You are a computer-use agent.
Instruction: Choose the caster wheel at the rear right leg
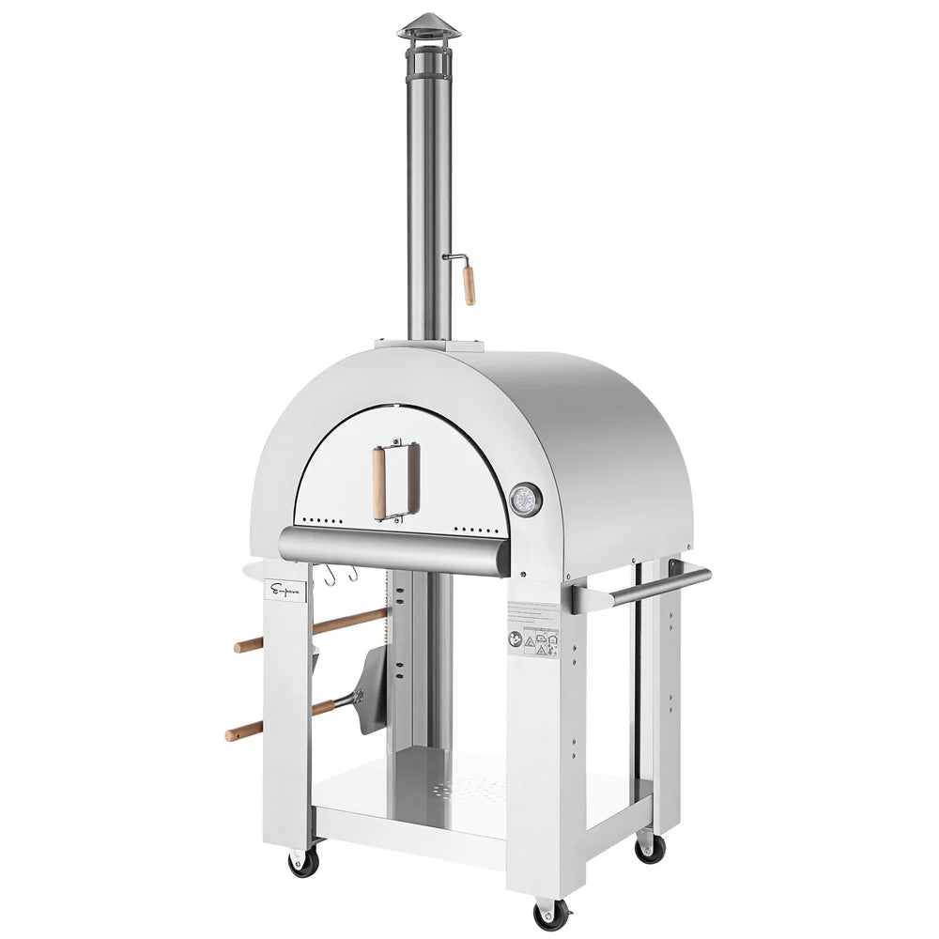pos(649,847)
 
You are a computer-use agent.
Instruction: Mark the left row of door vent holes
pos(320,519)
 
